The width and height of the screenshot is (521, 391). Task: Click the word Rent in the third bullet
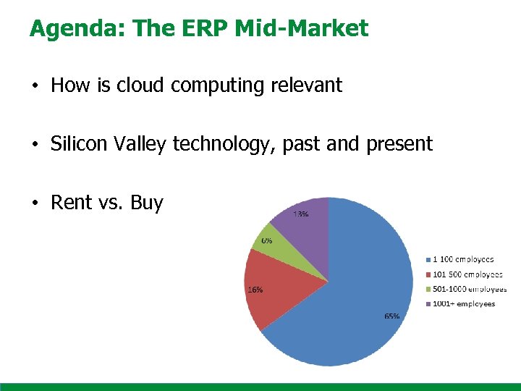coord(71,203)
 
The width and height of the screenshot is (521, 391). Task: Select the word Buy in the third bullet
coord(147,203)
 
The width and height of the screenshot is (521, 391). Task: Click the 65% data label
coord(391,316)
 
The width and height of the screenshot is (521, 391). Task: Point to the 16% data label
coord(255,290)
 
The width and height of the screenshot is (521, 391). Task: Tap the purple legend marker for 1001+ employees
coord(427,304)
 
